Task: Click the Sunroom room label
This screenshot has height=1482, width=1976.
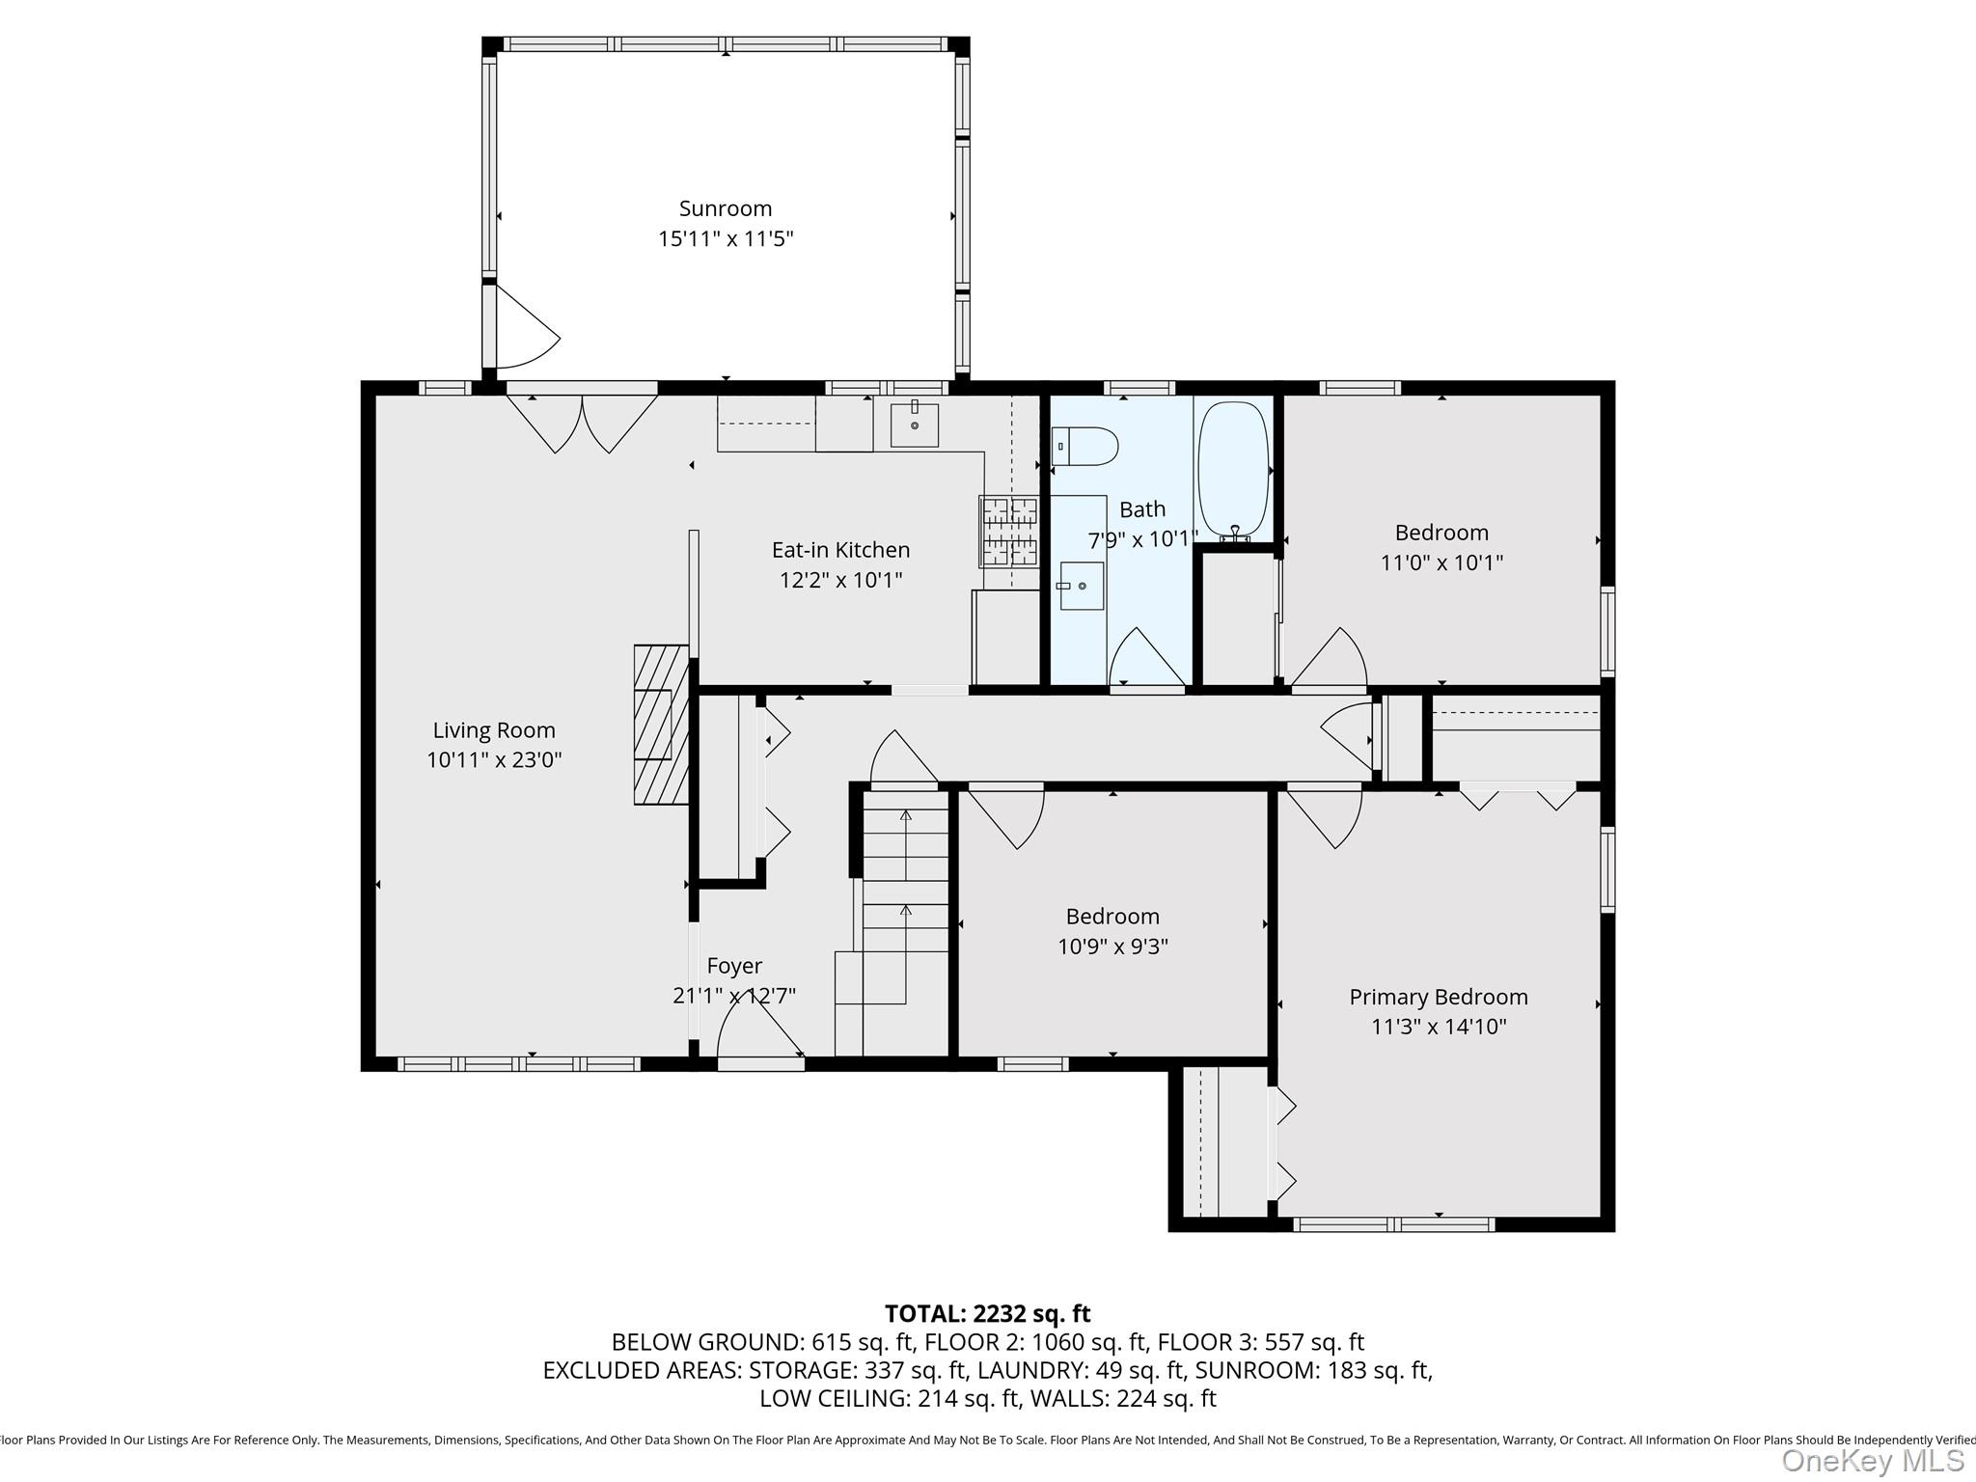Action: coord(725,208)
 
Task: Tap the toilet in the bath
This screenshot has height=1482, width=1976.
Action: coord(1086,447)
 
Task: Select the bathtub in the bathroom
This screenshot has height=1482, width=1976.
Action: coord(1232,469)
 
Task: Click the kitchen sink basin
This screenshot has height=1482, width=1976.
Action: coord(914,425)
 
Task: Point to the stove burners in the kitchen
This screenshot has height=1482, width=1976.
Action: coord(1009,531)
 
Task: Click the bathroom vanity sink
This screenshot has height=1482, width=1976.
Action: coord(1082,586)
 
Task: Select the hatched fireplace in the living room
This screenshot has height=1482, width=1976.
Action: coord(660,724)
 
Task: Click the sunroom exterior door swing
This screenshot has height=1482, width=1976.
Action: coord(523,331)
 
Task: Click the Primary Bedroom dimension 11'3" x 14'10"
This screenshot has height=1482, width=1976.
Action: coord(1438,1027)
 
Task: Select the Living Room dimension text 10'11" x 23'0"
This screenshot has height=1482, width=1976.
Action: coord(494,760)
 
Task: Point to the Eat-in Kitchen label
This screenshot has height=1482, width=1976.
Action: coord(840,550)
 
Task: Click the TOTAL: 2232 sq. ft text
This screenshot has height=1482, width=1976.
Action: coord(987,1313)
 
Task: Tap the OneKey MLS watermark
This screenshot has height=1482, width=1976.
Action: coord(1872,1461)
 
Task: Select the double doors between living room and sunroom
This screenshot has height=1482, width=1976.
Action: coord(582,421)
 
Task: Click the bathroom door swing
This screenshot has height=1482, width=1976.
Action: coord(1145,658)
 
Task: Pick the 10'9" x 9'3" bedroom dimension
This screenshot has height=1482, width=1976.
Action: coord(1112,947)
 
